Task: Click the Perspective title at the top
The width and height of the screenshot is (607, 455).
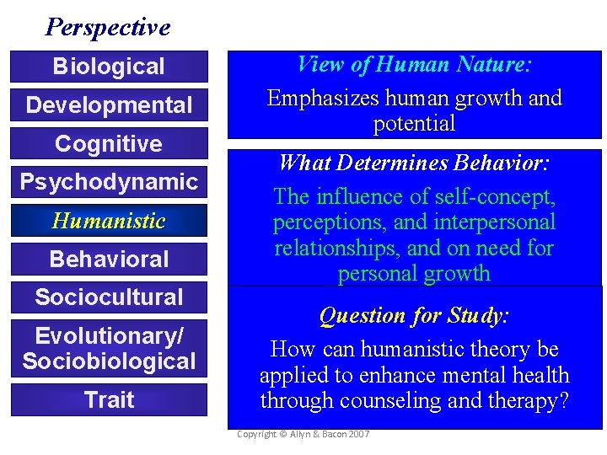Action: (108, 27)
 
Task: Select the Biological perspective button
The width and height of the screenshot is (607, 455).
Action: (109, 67)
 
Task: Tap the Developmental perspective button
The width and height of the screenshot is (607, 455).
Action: (109, 105)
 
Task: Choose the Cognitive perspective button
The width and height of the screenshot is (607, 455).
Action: (109, 144)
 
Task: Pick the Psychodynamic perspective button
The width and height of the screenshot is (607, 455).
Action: (109, 182)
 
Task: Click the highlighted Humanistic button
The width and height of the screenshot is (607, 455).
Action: (109, 221)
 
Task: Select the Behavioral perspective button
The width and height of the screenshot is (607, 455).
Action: (109, 260)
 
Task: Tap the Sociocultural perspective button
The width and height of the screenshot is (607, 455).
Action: (109, 297)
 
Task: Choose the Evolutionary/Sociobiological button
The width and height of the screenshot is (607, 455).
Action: (109, 349)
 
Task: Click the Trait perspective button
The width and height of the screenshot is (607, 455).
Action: (109, 399)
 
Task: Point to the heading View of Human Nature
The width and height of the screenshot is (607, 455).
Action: (414, 64)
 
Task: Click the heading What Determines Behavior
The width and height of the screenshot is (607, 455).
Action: (414, 162)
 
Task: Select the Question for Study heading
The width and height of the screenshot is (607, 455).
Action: (414, 315)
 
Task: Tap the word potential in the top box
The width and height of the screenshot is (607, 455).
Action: (414, 124)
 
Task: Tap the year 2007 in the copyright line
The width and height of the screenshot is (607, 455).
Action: (357, 433)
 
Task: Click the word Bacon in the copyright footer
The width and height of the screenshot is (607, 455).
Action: (330, 433)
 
